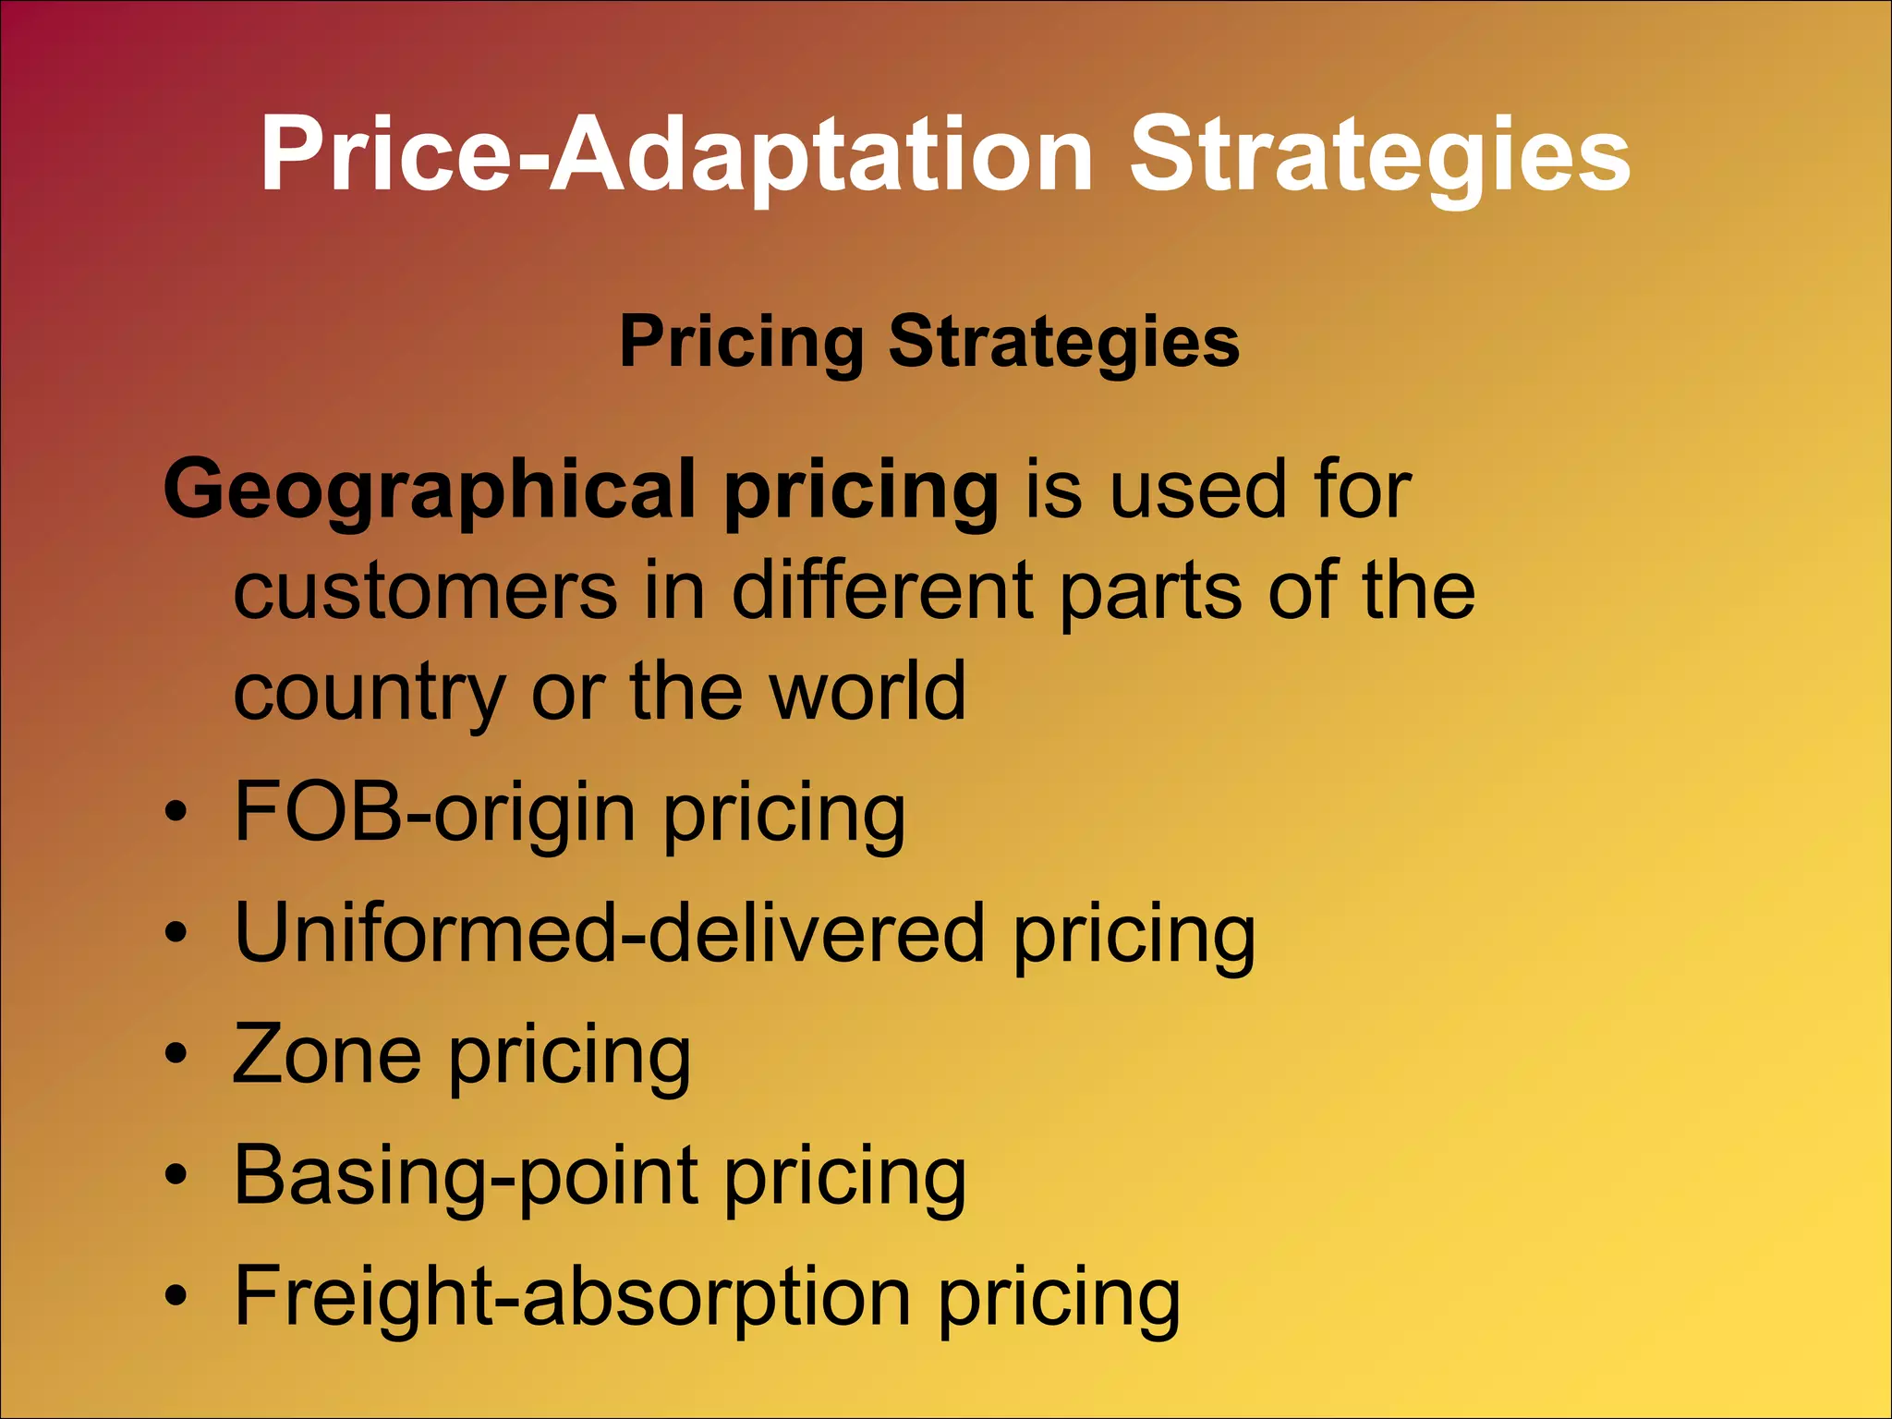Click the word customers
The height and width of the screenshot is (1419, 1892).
[425, 592]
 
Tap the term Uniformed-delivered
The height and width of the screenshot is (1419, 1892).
[610, 935]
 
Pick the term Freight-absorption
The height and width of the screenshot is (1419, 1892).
[573, 1298]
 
